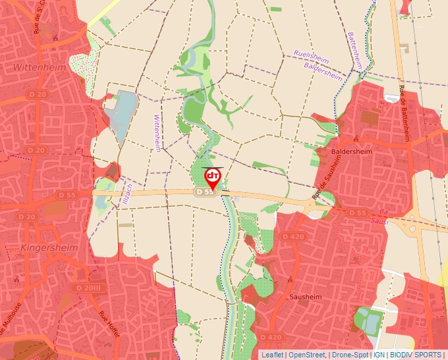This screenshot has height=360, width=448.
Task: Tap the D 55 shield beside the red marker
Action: [x=205, y=192]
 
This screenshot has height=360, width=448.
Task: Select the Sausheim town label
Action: [x=305, y=297]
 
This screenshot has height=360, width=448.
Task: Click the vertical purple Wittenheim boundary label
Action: [x=157, y=133]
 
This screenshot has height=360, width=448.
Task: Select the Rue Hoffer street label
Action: [x=109, y=324]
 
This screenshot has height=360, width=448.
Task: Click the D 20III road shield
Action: [x=88, y=288]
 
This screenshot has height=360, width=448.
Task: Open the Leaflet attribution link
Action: [x=271, y=355]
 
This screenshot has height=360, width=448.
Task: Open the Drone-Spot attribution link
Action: [x=350, y=355]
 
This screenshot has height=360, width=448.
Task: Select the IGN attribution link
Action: [x=379, y=355]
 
